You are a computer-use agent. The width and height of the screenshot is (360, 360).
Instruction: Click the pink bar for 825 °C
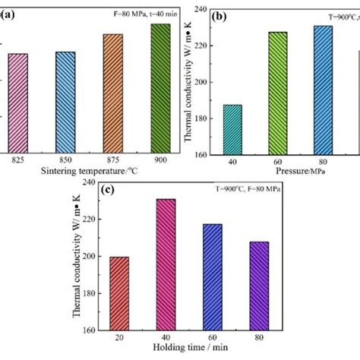(18, 103)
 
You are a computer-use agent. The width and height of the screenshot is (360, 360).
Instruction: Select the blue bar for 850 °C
(65, 103)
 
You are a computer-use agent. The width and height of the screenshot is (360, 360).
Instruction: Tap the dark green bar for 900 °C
(160, 89)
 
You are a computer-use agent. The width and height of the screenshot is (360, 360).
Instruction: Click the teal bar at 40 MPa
(232, 130)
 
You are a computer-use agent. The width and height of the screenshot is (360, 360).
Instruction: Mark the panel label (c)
(105, 188)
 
